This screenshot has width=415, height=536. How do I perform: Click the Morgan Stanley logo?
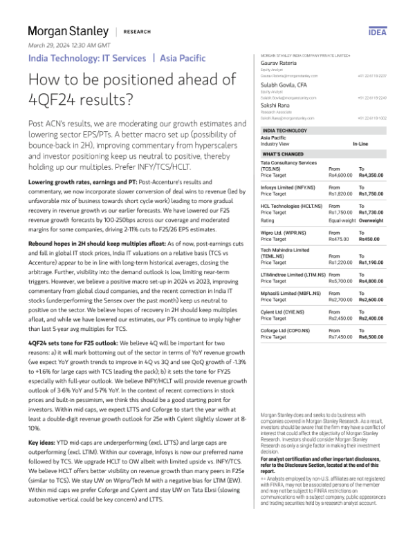click(68, 31)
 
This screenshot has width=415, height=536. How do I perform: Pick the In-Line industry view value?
click(361, 143)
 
